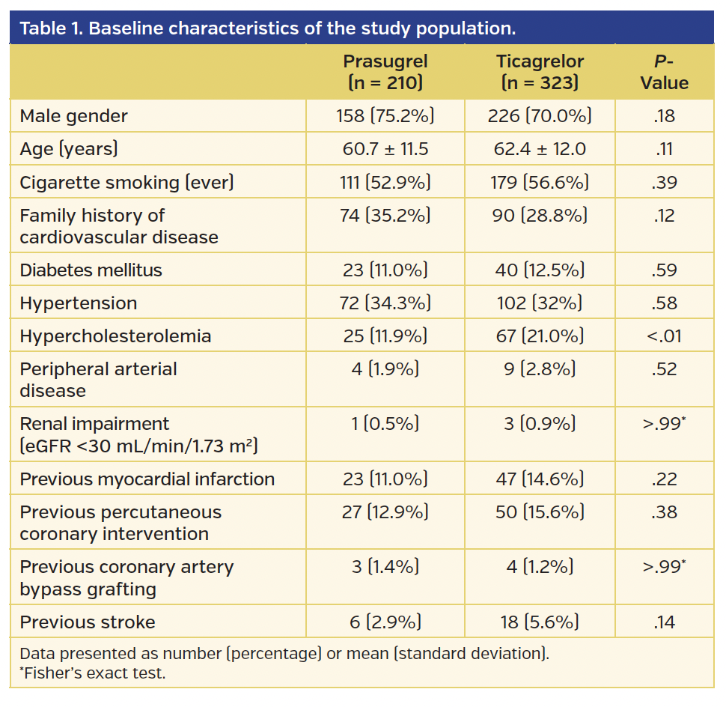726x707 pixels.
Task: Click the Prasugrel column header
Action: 385,72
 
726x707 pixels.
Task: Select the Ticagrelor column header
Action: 540,72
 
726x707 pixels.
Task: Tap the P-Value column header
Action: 664,72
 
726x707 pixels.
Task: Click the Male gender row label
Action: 73,116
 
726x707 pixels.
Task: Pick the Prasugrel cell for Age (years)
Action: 385,149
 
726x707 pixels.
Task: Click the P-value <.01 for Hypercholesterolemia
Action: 664,336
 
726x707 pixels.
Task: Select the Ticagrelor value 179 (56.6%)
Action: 540,182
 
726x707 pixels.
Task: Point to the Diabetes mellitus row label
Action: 91,270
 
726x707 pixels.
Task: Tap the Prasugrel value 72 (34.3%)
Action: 385,303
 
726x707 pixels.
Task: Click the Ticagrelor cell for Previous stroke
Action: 540,622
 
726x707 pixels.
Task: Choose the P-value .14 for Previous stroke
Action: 664,622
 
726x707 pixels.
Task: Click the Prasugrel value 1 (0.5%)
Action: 385,424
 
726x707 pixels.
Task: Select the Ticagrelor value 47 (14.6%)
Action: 540,479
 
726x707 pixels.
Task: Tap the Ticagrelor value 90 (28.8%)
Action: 540,216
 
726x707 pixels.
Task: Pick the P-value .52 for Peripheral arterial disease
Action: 664,369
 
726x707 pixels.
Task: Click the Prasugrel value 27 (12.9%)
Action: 385,512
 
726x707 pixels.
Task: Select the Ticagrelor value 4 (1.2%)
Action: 540,568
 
